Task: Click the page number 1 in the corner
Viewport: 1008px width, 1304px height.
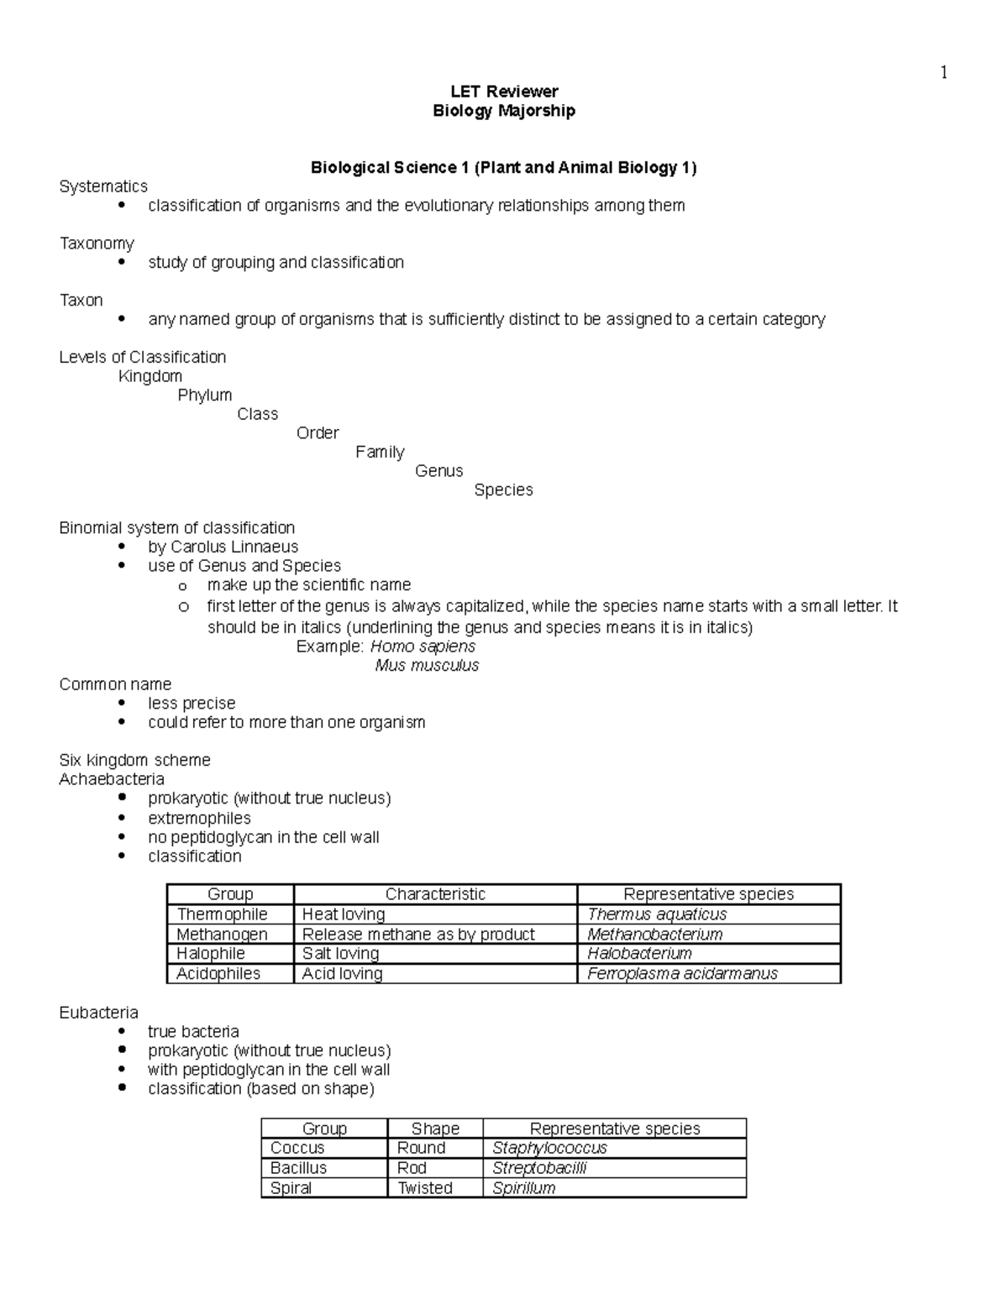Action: click(x=943, y=73)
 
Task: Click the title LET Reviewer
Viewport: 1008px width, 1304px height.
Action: click(x=504, y=92)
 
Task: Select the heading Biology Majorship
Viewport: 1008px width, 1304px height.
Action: click(x=504, y=111)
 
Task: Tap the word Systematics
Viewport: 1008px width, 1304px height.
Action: click(x=103, y=186)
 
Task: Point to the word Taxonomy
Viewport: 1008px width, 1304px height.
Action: click(x=97, y=244)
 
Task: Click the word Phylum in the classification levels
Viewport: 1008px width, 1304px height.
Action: click(x=205, y=395)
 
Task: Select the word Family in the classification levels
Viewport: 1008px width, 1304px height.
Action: click(x=380, y=453)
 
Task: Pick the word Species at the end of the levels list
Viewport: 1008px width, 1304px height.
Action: click(x=503, y=490)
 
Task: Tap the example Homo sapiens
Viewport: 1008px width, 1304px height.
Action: click(x=423, y=647)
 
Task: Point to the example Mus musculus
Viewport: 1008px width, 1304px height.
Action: click(x=427, y=666)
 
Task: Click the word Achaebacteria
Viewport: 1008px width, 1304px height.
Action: click(x=112, y=779)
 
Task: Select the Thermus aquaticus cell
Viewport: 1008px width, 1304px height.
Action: click(x=657, y=914)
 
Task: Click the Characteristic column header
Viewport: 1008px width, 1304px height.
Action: click(x=435, y=894)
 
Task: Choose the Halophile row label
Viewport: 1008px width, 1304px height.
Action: click(x=211, y=954)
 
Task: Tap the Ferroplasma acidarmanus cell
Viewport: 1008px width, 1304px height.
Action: click(x=682, y=974)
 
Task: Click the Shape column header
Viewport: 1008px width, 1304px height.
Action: click(x=435, y=1129)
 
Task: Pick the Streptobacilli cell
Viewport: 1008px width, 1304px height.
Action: click(x=539, y=1168)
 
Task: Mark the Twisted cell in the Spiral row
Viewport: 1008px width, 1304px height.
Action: click(x=425, y=1188)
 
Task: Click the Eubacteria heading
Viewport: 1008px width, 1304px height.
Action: click(x=99, y=1013)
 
